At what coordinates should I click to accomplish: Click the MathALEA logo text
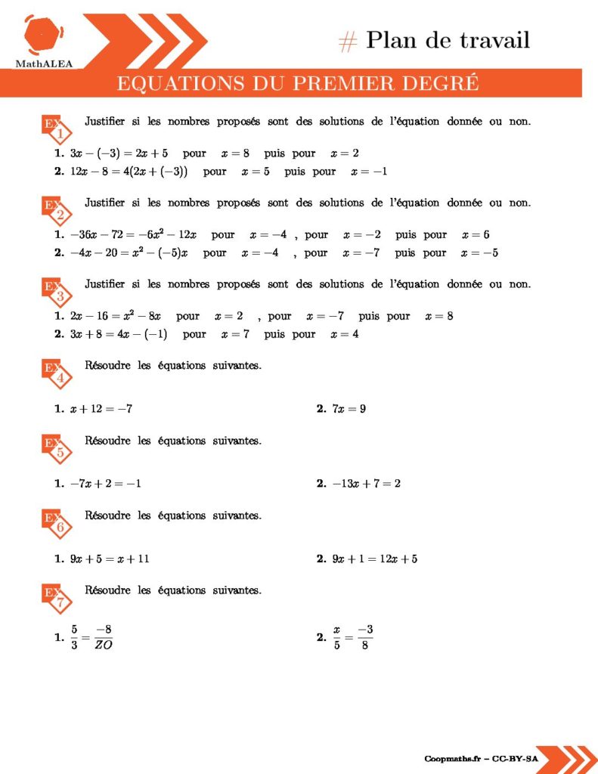(44, 63)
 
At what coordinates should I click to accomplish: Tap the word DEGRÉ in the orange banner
(445, 83)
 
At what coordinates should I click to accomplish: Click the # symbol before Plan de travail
(348, 42)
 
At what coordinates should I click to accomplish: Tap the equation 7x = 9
(349, 409)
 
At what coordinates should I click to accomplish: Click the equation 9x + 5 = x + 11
(110, 559)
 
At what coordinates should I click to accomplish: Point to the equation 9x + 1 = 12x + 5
(375, 559)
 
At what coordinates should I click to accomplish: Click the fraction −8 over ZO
(104, 637)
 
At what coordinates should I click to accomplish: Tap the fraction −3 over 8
(365, 637)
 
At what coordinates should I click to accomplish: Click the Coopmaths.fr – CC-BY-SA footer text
(481, 758)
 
